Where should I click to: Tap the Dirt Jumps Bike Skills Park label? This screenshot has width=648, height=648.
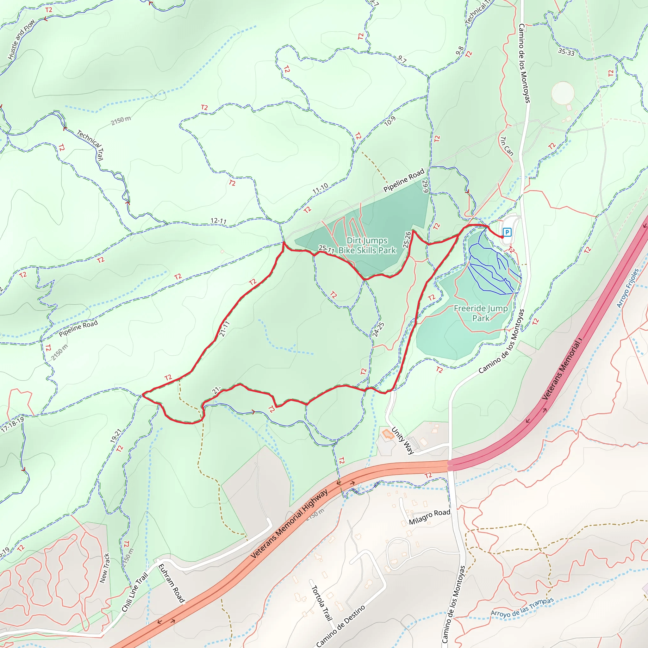tap(367, 245)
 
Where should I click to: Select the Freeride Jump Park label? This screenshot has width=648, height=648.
tap(481, 313)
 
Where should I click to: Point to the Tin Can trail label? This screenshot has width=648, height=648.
tap(507, 146)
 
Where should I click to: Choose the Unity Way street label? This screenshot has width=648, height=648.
tap(402, 440)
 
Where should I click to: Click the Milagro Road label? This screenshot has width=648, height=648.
tap(429, 517)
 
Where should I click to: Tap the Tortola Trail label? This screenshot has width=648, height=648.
tap(322, 603)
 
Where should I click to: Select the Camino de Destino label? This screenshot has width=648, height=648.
tap(340, 626)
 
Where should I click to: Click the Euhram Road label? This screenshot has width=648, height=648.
tap(171, 583)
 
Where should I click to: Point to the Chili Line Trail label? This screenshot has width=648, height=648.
tap(135, 592)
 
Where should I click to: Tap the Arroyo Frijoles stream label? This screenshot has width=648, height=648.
tap(628, 288)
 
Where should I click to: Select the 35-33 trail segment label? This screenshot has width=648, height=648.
tap(566, 52)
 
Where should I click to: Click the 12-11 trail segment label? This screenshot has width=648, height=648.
tap(218, 221)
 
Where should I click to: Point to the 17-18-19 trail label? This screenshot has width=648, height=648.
tap(12, 424)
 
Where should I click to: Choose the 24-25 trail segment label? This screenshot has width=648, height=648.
tap(378, 329)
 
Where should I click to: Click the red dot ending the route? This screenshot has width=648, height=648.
tap(502, 237)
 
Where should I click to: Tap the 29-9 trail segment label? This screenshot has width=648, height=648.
tap(425, 186)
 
